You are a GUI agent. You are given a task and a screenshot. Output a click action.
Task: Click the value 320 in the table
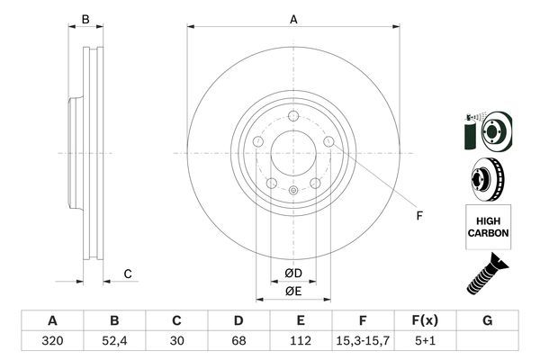pyautogui.click(x=52, y=341)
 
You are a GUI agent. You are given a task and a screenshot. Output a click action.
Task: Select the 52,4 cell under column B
pyautogui.click(x=114, y=341)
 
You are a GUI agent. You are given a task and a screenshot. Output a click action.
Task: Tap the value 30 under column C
pyautogui.click(x=176, y=341)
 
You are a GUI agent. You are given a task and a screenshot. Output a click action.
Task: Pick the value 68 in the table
pyautogui.click(x=238, y=341)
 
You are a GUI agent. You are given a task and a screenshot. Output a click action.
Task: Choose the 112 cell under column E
pyautogui.click(x=301, y=341)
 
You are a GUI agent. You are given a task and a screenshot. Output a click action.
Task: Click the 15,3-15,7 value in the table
pyautogui.click(x=363, y=341)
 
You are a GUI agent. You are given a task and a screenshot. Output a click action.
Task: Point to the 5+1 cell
pyautogui.click(x=425, y=341)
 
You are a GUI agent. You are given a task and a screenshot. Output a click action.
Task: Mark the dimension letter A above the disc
pyautogui.click(x=293, y=18)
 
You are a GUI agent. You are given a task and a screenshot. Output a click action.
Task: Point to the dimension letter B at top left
pyautogui.click(x=85, y=18)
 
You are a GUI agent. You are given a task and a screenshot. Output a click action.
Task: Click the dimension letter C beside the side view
pyautogui.click(x=128, y=274)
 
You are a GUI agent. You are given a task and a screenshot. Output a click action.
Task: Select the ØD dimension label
pyautogui.click(x=293, y=273)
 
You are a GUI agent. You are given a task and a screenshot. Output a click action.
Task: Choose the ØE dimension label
pyautogui.click(x=293, y=292)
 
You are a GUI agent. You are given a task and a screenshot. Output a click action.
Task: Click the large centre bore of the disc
pyautogui.click(x=293, y=153)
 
